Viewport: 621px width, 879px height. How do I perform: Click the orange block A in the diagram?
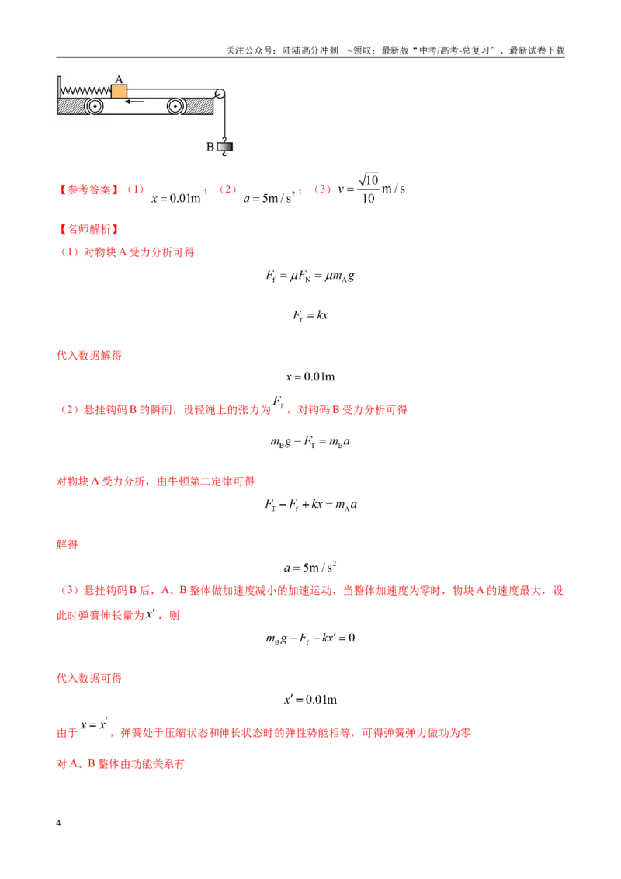pyautogui.click(x=119, y=92)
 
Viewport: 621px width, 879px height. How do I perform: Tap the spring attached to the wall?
pyautogui.click(x=85, y=91)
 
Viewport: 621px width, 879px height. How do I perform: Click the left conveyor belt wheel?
pyautogui.click(x=94, y=106)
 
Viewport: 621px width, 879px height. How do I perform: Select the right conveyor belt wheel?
pyautogui.click(x=175, y=106)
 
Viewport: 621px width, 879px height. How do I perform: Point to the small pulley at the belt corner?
pyautogui.click(x=220, y=94)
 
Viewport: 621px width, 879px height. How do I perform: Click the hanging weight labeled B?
pyautogui.click(x=225, y=146)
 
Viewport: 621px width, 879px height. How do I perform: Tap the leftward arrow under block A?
pyautogui.click(x=134, y=102)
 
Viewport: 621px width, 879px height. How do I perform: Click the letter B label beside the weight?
pyautogui.click(x=210, y=147)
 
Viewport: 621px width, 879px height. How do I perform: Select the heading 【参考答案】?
pyautogui.click(x=89, y=189)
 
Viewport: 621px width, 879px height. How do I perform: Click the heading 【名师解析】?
pyautogui.click(x=89, y=229)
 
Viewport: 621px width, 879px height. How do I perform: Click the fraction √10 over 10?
pyautogui.click(x=368, y=189)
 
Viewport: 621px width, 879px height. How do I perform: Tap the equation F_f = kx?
pyautogui.click(x=310, y=315)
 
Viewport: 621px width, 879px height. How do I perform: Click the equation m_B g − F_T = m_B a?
pyautogui.click(x=310, y=442)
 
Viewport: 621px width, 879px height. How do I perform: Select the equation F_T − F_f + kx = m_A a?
pyautogui.click(x=311, y=505)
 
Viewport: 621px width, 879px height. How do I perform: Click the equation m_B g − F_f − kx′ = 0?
pyautogui.click(x=310, y=638)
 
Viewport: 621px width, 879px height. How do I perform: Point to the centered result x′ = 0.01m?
pyautogui.click(x=310, y=699)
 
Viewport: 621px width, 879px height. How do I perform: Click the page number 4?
pyautogui.click(x=58, y=823)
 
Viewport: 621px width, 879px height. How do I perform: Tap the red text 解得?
pyautogui.click(x=68, y=544)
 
